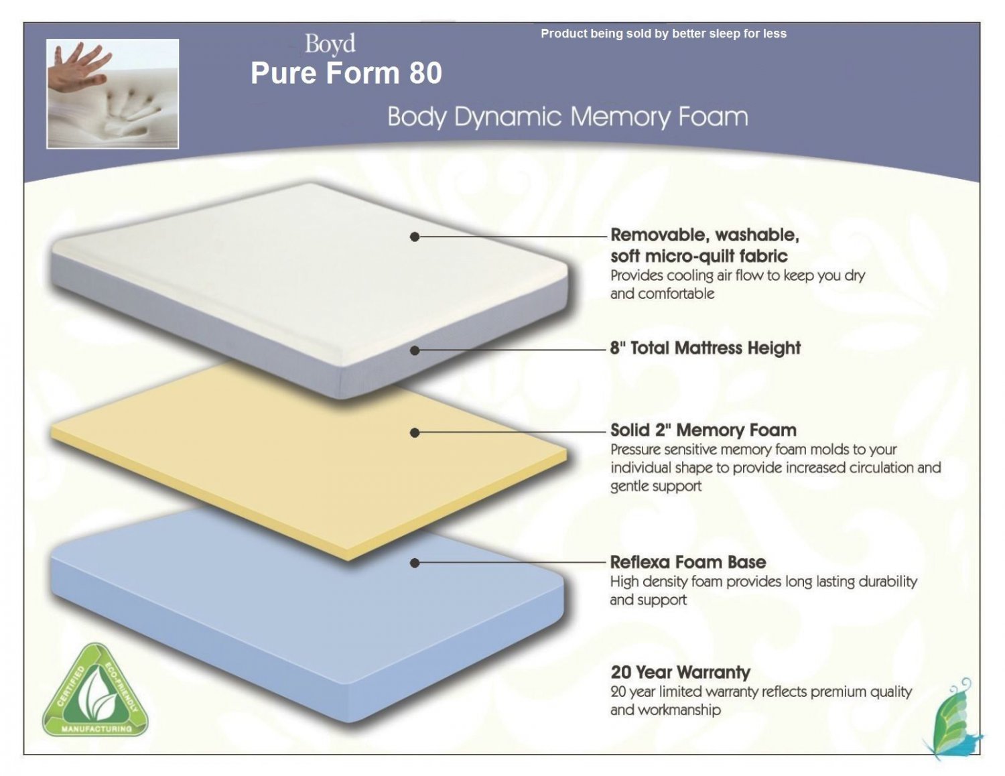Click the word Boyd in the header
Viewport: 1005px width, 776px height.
(x=330, y=44)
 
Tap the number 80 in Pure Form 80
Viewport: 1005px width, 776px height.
(x=425, y=73)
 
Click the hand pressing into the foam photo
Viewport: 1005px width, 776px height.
(x=113, y=93)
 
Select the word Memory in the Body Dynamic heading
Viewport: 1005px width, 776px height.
(x=620, y=117)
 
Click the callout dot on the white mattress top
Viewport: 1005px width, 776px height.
(x=415, y=237)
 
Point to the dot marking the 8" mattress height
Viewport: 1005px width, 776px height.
(x=415, y=350)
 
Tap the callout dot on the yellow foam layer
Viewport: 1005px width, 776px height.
(x=415, y=433)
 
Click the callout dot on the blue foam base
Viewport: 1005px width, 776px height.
(x=415, y=563)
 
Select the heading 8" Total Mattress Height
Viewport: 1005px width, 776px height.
(x=706, y=348)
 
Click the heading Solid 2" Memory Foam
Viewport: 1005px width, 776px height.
(x=703, y=430)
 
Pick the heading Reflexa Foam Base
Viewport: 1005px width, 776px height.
(x=688, y=562)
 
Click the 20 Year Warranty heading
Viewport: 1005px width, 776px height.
(x=680, y=672)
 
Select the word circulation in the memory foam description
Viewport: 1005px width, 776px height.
(x=873, y=468)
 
